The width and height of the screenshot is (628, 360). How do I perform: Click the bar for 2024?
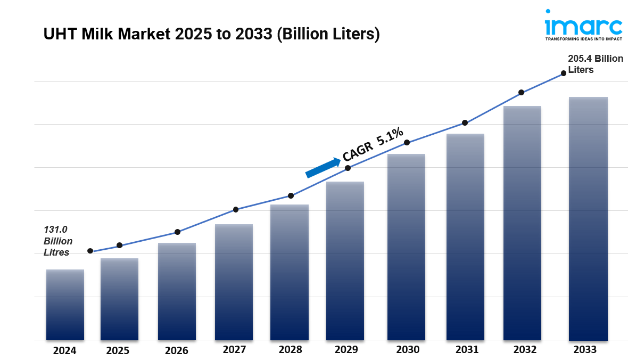click(65, 305)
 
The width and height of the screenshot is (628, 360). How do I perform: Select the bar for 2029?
click(345, 261)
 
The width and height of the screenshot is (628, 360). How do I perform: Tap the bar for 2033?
click(588, 218)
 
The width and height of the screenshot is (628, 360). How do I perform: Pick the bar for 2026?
click(177, 291)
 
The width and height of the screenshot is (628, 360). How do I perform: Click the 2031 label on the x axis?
click(467, 350)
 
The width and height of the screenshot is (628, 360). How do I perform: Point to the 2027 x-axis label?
click(234, 350)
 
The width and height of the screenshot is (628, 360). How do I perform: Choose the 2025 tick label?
click(118, 350)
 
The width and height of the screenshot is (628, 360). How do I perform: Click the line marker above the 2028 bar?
click(291, 195)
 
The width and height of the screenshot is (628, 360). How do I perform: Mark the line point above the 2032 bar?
click(521, 93)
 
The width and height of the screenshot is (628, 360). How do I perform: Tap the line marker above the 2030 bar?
click(407, 143)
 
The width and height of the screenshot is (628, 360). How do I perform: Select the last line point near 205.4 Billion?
click(563, 74)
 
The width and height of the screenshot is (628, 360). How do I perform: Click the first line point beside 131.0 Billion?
click(90, 251)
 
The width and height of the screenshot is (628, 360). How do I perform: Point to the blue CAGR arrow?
click(323, 167)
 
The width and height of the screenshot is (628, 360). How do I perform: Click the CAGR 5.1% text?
click(373, 144)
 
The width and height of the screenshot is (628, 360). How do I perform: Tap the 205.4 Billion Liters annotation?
click(595, 64)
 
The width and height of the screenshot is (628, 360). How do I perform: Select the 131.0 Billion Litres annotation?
click(58, 241)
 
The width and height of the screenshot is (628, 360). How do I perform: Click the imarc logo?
click(583, 25)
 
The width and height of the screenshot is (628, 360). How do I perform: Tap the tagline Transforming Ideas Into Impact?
click(583, 39)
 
